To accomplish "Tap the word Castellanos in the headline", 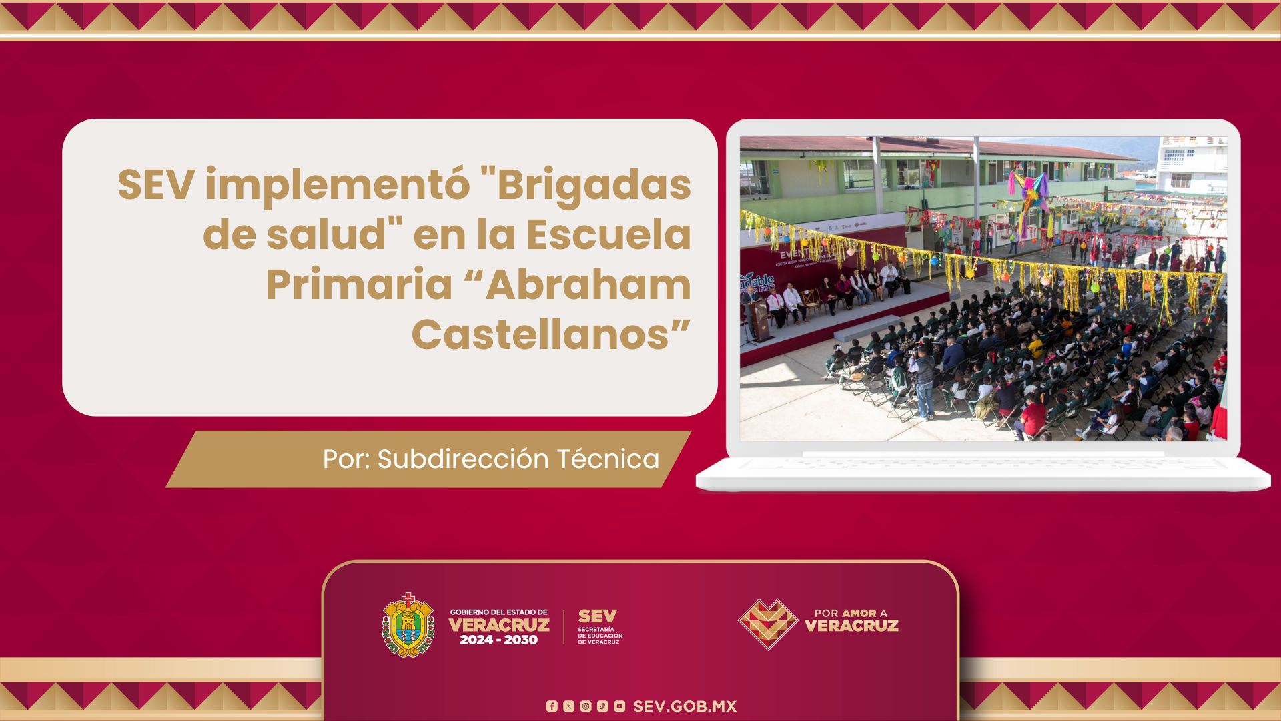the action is point(550,334).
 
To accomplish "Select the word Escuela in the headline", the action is point(608,235).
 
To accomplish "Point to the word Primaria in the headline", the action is point(359,286).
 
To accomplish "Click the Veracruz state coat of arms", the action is point(408,625).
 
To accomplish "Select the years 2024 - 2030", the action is point(498,640).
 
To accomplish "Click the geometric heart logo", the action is point(768,624).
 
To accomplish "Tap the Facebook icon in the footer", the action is point(551,706).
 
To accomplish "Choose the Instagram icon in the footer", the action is point(585,706).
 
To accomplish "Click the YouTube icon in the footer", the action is point(620,706).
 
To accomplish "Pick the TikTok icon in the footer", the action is point(602,706).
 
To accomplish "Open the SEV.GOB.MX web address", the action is point(685,706).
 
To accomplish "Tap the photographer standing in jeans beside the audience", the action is point(923,384).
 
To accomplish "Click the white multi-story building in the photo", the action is point(1192,164).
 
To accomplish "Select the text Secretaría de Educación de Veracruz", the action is point(600,635).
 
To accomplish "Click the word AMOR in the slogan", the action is point(859,613).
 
